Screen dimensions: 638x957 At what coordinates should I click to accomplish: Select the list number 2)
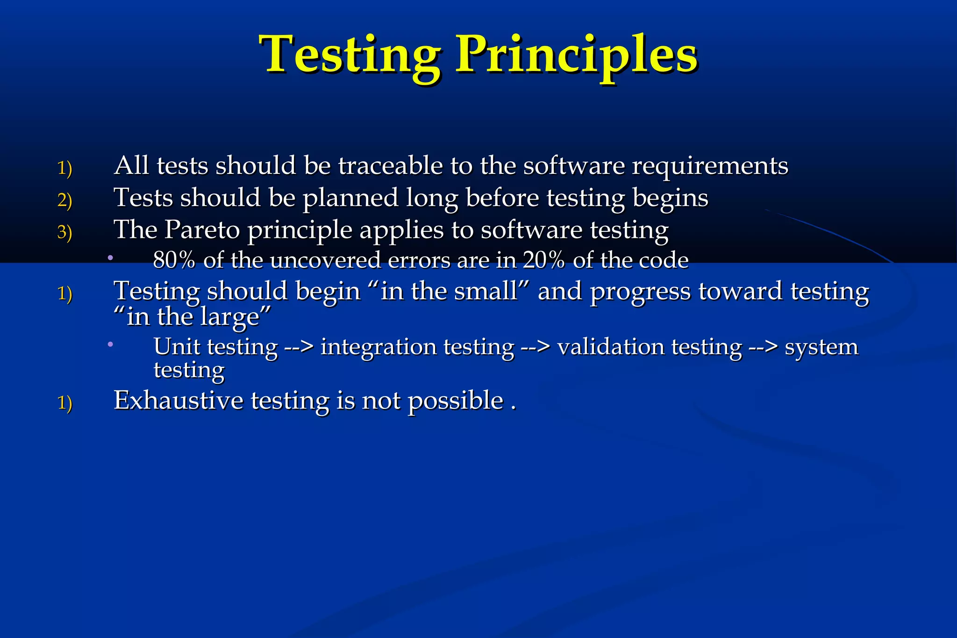click(x=64, y=200)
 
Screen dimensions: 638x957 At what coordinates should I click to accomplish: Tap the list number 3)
click(x=64, y=232)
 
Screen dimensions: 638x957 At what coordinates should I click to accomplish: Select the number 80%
click(x=174, y=260)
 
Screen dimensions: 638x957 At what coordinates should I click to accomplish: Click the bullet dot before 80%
click(x=110, y=258)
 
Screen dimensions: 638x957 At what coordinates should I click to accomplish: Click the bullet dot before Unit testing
click(x=110, y=344)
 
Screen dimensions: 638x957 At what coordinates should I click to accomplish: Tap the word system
click(x=821, y=347)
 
